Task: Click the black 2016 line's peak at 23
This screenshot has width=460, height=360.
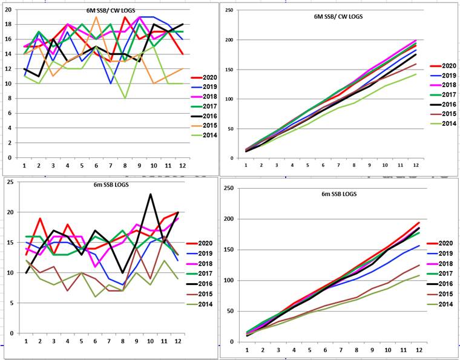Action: point(150,194)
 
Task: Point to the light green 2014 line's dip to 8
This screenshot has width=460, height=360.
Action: point(125,98)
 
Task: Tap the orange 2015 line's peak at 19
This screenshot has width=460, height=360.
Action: point(96,17)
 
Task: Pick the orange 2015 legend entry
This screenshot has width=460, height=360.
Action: point(204,125)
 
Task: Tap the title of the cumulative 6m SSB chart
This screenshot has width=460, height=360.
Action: point(339,194)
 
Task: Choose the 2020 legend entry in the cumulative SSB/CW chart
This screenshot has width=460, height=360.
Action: point(443,66)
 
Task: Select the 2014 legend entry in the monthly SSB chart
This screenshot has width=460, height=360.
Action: point(199,304)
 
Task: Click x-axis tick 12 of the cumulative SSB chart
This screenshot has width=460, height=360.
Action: point(419,350)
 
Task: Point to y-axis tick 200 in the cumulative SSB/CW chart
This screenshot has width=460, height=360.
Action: point(231,40)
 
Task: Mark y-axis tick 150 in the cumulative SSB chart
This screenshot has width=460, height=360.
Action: point(230,250)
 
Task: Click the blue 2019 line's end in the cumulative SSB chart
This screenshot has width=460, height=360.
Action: point(419,246)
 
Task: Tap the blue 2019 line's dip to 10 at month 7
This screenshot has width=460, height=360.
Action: point(111,83)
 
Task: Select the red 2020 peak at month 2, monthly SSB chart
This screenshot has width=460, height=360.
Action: point(40,218)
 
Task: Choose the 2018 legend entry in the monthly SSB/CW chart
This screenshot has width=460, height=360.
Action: point(204,97)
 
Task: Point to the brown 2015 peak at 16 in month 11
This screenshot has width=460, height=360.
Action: point(164,237)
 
